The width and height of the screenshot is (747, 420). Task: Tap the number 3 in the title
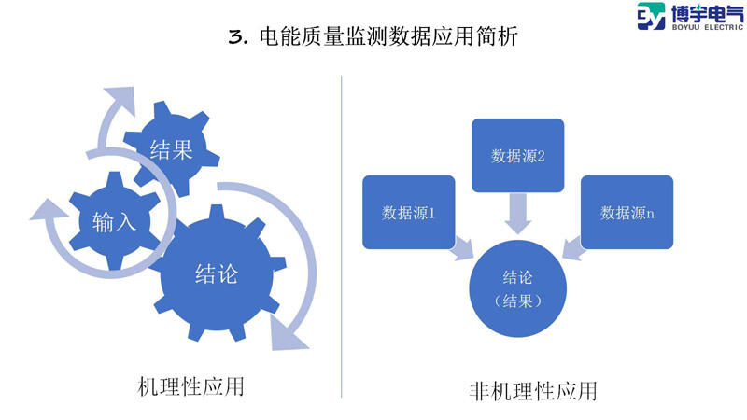pos(236,38)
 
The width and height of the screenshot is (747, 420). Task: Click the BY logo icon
pos(653,18)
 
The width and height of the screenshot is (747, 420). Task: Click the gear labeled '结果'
pos(172,148)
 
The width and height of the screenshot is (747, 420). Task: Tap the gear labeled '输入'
pos(114,221)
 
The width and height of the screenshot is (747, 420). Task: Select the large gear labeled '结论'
pos(216,273)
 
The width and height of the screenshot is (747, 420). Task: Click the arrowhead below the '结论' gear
pos(286,332)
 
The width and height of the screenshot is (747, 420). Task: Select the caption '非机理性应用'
pos(532,390)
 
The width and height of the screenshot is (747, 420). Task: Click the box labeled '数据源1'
pos(409,212)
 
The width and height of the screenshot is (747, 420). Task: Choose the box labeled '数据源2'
pos(517,155)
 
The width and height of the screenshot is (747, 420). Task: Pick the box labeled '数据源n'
pos(627,212)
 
